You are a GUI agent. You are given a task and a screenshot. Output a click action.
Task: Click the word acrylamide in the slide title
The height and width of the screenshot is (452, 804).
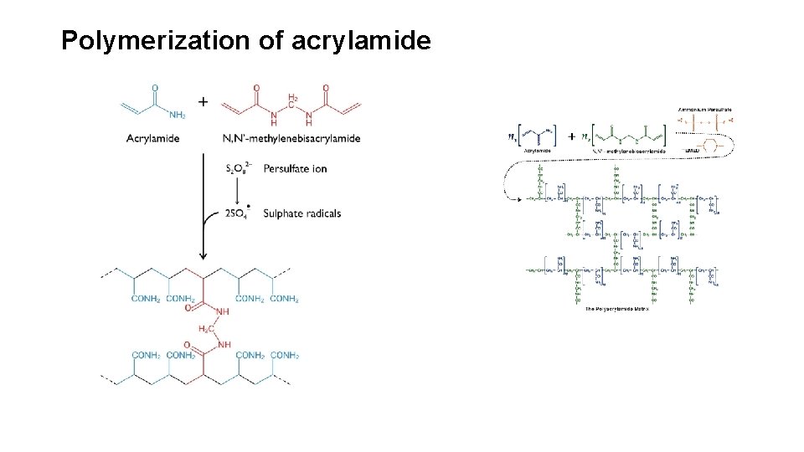pyautogui.click(x=361, y=40)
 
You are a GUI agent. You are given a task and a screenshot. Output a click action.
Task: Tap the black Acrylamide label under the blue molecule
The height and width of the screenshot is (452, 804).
pyautogui.click(x=153, y=138)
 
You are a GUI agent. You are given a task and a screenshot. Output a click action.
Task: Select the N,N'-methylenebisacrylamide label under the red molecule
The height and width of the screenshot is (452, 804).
pyautogui.click(x=291, y=138)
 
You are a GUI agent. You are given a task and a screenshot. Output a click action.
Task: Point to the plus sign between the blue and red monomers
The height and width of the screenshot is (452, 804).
pyautogui.click(x=204, y=101)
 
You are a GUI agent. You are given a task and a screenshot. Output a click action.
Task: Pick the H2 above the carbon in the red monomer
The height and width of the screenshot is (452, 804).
pyautogui.click(x=292, y=99)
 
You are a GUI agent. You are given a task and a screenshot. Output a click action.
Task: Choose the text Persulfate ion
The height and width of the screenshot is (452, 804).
pyautogui.click(x=295, y=169)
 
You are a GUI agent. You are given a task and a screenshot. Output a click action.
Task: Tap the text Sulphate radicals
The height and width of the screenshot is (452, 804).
pyautogui.click(x=301, y=213)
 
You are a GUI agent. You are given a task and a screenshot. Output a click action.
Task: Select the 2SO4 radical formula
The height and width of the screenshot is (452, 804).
pyautogui.click(x=237, y=213)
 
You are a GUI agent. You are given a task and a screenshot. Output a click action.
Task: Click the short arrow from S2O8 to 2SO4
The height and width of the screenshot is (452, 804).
pyautogui.click(x=240, y=191)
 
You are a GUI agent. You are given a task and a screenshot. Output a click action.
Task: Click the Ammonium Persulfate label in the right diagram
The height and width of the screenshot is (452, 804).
pyautogui.click(x=704, y=109)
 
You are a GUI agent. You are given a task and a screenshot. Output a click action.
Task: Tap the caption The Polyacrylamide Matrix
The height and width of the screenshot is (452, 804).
pyautogui.click(x=617, y=309)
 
